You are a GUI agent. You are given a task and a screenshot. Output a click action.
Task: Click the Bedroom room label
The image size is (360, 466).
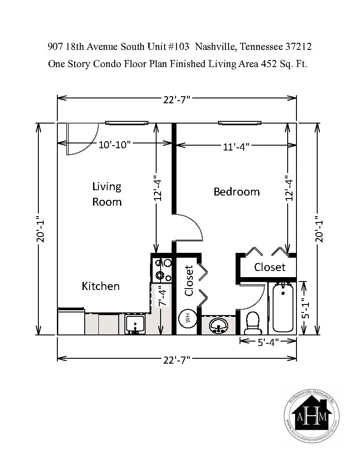point(236,192)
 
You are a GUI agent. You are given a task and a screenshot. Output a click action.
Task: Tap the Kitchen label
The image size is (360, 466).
point(101,286)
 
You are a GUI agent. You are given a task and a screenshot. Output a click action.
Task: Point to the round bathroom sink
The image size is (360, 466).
point(218,325)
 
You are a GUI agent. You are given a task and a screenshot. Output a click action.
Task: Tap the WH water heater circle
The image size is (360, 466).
point(187,319)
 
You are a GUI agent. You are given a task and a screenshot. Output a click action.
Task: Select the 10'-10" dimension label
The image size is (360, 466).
point(115,145)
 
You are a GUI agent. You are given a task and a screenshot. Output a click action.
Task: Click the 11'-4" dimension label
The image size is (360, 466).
point(236,147)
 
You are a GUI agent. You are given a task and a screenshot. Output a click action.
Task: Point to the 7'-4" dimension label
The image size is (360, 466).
point(163,296)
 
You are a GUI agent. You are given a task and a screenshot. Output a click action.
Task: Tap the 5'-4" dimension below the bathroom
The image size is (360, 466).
point(268,342)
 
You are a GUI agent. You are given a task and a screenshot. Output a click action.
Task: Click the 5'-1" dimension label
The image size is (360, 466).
point(305,308)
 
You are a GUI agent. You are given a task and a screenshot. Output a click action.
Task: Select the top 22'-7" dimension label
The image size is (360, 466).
point(176,100)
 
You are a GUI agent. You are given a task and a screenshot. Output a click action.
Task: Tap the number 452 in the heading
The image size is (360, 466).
point(269,64)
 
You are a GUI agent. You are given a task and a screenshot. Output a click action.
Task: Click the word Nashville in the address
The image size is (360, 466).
point(216,47)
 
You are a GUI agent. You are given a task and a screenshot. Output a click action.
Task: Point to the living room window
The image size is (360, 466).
point(127,123)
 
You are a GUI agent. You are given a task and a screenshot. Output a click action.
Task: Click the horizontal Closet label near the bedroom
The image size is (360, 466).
point(270,267)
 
